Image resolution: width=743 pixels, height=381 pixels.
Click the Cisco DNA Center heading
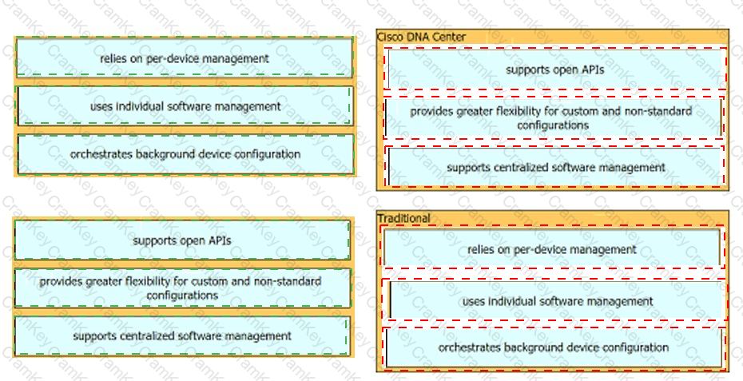point(421,37)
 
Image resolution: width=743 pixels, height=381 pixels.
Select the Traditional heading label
point(403,218)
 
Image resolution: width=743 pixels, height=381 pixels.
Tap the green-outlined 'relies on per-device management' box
point(184,58)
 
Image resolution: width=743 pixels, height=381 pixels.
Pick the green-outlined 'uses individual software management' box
point(184,106)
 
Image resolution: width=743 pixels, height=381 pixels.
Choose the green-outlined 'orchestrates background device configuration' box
point(184,153)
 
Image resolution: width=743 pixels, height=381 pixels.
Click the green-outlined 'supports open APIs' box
point(182,240)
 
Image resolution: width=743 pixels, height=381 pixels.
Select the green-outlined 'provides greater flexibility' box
point(182,288)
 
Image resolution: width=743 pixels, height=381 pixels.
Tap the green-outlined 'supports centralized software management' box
point(182,336)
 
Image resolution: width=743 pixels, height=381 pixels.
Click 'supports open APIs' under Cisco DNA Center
point(554,69)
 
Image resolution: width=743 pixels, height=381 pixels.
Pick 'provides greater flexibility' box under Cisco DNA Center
point(551,117)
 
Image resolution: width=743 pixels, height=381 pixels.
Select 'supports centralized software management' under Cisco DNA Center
point(555,167)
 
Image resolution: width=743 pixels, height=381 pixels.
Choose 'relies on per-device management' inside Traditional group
point(551,249)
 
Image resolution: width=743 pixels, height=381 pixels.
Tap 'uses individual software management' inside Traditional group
point(557,301)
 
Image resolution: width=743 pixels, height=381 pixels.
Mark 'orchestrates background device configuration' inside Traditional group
point(554,347)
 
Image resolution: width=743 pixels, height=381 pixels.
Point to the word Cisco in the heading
point(389,37)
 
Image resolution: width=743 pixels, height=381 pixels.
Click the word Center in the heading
point(450,37)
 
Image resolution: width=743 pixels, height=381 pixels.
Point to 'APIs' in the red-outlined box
point(591,69)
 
